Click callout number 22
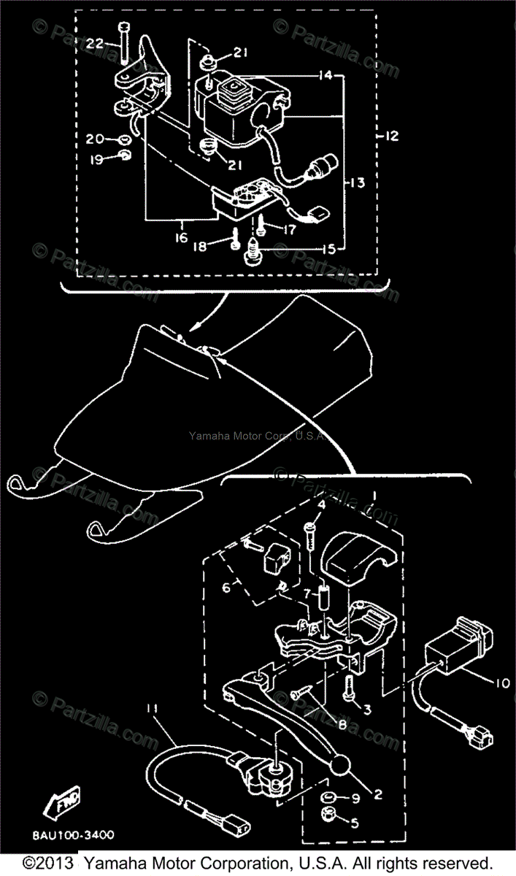tap(95, 45)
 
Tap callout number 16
tap(180, 237)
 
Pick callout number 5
tap(355, 824)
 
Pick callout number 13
tap(356, 182)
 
